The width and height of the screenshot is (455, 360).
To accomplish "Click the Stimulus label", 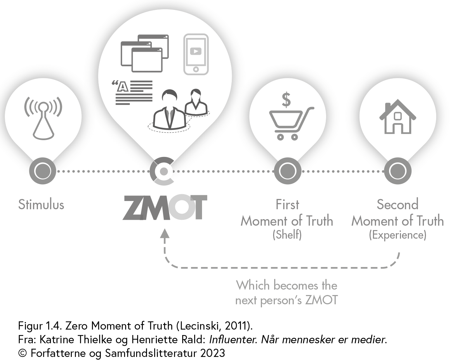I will [41, 204].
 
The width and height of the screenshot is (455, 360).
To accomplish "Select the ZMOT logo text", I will [165, 208].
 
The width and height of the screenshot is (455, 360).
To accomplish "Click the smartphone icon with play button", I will [196, 54].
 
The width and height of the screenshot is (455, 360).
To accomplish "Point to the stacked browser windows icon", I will [145, 53].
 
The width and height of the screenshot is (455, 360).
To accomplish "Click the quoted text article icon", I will [132, 92].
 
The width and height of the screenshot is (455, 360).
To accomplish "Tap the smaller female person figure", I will [196, 102].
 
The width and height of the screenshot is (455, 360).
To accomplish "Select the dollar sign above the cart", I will [286, 99].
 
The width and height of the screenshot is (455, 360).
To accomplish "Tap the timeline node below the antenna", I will [43, 171].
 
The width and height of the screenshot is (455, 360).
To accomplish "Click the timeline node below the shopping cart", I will [287, 171].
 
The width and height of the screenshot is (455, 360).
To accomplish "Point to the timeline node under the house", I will [398, 171].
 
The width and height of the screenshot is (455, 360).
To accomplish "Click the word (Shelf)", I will [287, 235].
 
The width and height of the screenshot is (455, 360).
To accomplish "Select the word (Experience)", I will [398, 235].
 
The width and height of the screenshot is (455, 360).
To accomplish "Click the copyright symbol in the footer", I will [23, 353].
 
